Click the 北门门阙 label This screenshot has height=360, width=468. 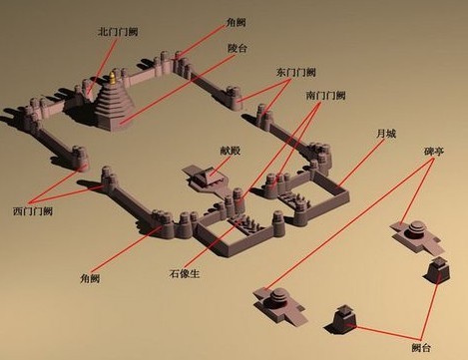pyautogui.click(x=118, y=32)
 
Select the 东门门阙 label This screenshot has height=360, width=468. pyautogui.click(x=296, y=73)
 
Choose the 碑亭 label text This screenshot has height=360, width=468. pyautogui.click(x=435, y=156)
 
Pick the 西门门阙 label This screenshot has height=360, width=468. pyautogui.click(x=33, y=210)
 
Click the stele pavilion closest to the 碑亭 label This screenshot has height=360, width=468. pyautogui.click(x=412, y=231)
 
